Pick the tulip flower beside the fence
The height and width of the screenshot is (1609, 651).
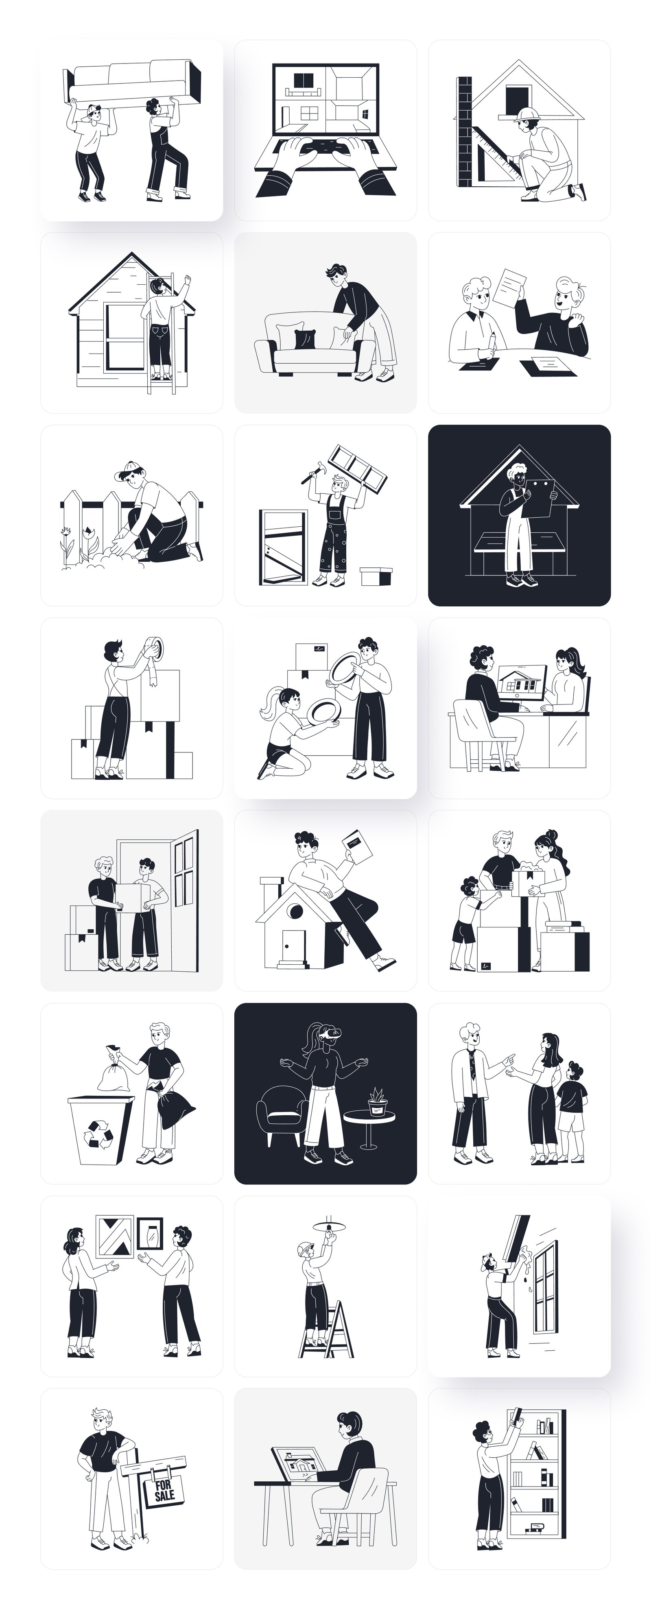pyautogui.click(x=87, y=532)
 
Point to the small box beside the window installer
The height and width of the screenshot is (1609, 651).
pyautogui.click(x=376, y=575)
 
